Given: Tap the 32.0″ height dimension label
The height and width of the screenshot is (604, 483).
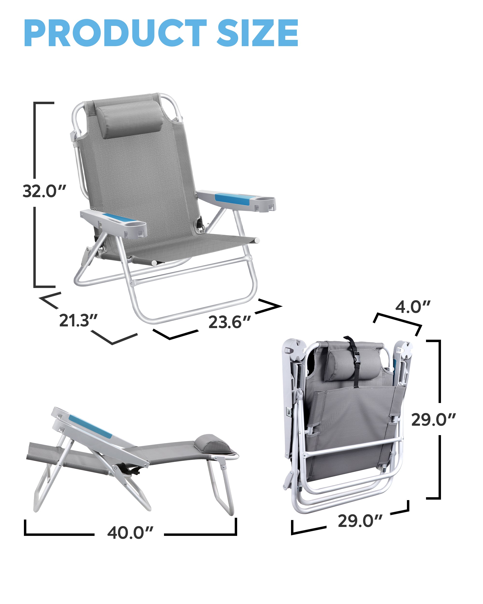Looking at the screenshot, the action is (44, 191).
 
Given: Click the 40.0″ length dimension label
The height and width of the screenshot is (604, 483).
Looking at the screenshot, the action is (130, 532).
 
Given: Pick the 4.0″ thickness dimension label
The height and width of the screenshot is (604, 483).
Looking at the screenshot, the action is (413, 307).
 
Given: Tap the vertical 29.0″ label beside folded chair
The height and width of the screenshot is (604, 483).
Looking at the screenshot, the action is (433, 420).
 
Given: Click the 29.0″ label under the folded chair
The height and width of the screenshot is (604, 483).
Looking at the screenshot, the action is (360, 521).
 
